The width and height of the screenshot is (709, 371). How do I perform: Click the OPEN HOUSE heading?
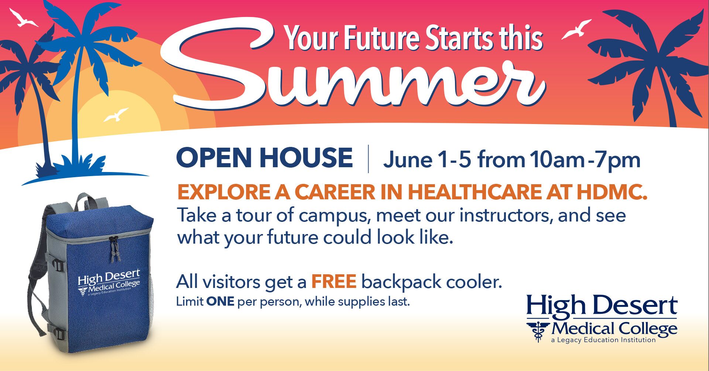point(264,158)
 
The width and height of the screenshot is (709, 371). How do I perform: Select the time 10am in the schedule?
point(557,160)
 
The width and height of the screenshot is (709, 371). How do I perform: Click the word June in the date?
point(408,160)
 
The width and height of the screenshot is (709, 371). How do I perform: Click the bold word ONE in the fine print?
point(220,302)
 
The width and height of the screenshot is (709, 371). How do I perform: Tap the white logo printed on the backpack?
point(109,283)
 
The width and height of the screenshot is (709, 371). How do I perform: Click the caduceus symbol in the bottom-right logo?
point(538,331)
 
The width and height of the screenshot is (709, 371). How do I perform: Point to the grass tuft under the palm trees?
point(79,165)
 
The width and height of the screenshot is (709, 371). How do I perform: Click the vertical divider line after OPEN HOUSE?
point(368,159)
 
